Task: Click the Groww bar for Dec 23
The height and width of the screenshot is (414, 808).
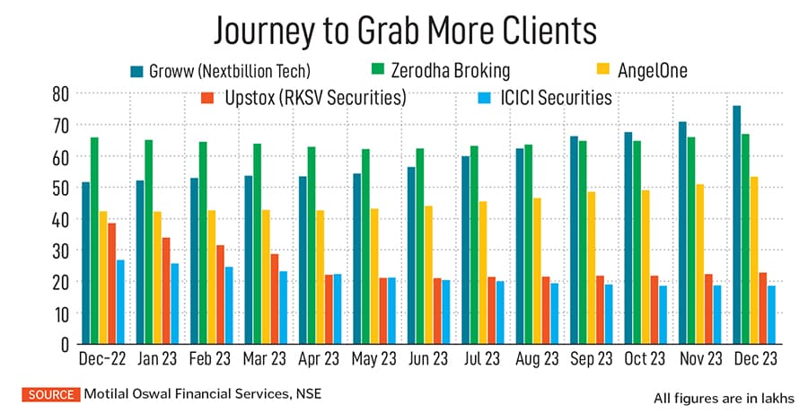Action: coord(737,225)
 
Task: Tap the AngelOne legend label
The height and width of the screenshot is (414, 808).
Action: coord(652,70)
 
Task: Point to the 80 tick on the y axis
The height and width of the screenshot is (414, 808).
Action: coord(60,93)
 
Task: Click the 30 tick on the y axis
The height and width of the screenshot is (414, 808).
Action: coord(60,250)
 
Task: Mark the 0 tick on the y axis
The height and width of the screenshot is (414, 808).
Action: coord(64,343)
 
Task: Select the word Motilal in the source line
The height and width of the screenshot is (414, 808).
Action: coord(110,392)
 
